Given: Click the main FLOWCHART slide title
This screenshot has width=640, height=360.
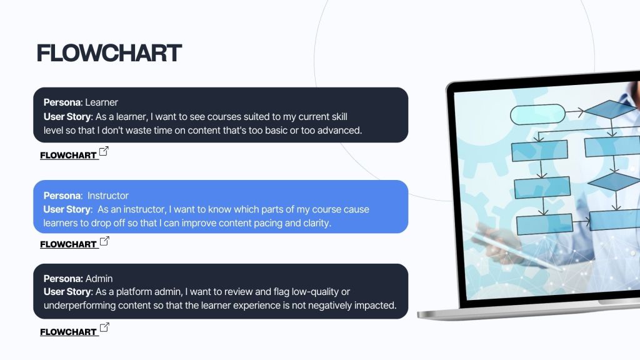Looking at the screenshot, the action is [x=109, y=53].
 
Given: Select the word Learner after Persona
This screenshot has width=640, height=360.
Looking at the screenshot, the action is [x=102, y=102].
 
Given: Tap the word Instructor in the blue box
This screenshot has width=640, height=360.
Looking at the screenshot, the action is [x=107, y=196].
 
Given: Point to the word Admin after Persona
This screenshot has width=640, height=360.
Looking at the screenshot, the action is [x=99, y=278].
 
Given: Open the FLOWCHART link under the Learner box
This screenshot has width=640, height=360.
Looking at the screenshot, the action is [x=68, y=156].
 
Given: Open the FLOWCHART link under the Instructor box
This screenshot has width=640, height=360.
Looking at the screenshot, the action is [x=68, y=244].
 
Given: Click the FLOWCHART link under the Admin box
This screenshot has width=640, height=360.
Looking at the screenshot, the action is [x=68, y=332].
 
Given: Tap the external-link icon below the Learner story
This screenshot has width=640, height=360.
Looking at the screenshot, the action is [x=104, y=151].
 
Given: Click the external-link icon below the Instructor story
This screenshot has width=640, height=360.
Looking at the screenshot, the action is [x=104, y=241].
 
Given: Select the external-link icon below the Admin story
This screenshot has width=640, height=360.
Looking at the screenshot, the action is [x=104, y=327].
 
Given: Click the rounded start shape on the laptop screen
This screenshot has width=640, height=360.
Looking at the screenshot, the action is [x=538, y=115].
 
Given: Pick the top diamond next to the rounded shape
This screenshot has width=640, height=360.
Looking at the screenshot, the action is [x=611, y=109].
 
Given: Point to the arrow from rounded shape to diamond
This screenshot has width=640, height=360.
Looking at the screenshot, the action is [x=575, y=111].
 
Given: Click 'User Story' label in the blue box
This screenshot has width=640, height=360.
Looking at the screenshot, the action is [x=67, y=209].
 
